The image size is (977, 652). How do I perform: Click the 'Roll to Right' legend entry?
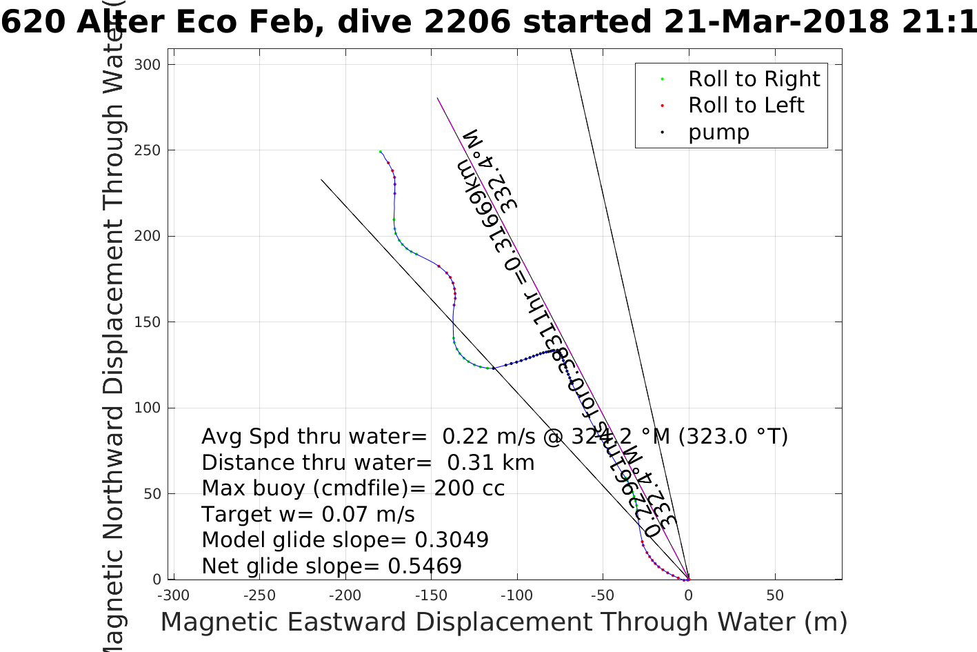tap(754, 79)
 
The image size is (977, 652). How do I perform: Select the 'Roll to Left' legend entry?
tap(746, 106)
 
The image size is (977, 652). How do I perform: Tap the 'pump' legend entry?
tap(718, 132)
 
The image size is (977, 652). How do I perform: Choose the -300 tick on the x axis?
tap(173, 595)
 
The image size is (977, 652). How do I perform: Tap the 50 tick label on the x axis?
tap(774, 595)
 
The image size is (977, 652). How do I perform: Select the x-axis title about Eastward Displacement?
tap(503, 622)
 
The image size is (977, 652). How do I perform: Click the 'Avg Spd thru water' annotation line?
tap(494, 437)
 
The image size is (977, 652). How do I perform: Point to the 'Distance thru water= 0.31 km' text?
tap(367, 463)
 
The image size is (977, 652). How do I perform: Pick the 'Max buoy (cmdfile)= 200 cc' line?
tap(353, 488)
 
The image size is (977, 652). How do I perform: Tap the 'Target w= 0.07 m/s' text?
tap(308, 515)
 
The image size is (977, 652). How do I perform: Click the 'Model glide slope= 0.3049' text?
tap(345, 540)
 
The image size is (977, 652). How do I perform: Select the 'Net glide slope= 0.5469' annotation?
tap(332, 566)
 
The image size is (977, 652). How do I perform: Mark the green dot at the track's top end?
tap(380, 151)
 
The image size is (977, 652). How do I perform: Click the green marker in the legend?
tap(662, 79)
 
